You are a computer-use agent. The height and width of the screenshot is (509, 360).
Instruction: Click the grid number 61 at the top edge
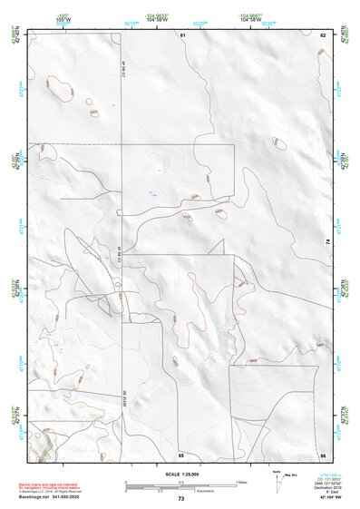[x=181, y=34]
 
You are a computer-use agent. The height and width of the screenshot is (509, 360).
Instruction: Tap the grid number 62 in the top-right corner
[x=323, y=34]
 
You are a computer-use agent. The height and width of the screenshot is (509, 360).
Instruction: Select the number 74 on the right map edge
[x=327, y=240]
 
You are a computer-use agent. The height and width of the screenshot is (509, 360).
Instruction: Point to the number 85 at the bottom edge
[x=181, y=454]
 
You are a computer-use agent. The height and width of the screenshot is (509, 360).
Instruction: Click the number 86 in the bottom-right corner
[x=323, y=454]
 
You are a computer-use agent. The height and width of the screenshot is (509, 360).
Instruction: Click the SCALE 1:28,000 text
[x=181, y=472]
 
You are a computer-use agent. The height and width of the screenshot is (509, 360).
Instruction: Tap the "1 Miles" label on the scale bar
[x=241, y=481]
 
